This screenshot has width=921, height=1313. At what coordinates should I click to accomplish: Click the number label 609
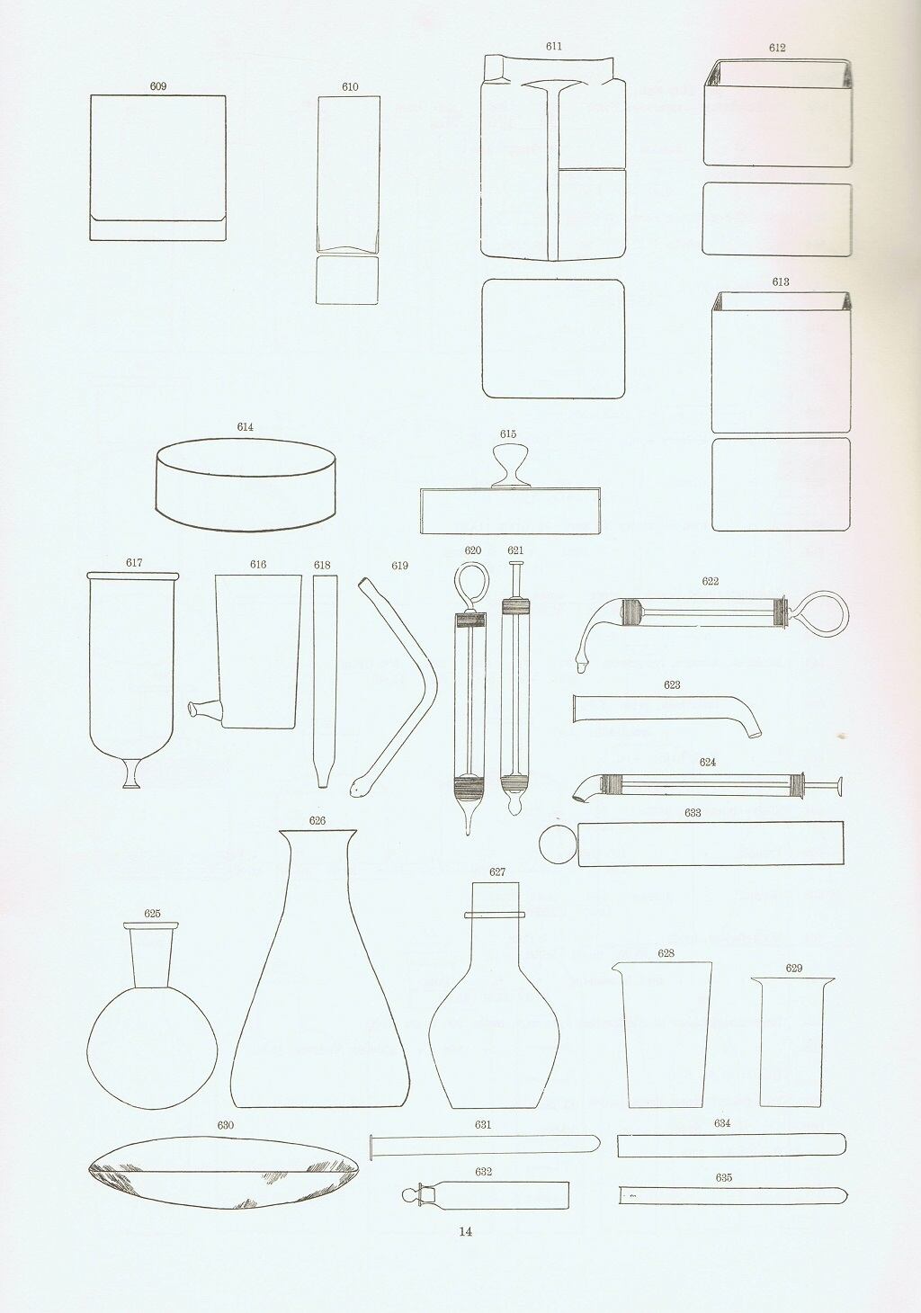[x=157, y=86]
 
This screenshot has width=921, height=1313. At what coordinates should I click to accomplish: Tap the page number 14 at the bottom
[x=466, y=1231]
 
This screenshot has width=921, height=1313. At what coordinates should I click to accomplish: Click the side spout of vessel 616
[x=204, y=710]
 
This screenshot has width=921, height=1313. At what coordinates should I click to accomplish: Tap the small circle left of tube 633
[x=557, y=844]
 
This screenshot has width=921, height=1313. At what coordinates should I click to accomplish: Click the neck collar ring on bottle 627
[x=496, y=915]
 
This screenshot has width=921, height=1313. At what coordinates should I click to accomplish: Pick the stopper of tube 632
[x=418, y=1194]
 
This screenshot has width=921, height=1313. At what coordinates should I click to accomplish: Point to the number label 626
[x=317, y=820]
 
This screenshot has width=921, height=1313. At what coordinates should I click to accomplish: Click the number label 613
[x=781, y=282]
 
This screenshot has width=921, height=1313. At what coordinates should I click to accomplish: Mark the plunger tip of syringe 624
[x=840, y=786]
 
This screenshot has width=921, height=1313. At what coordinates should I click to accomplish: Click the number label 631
[x=483, y=1124]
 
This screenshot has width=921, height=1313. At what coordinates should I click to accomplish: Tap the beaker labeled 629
[x=792, y=1041]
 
